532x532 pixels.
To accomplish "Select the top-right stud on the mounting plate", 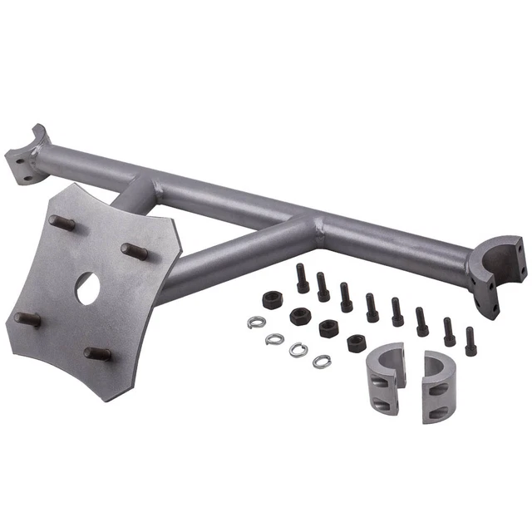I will click(134, 250).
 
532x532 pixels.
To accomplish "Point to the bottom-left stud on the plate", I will click(25, 319).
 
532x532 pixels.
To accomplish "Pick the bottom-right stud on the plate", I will click(97, 355).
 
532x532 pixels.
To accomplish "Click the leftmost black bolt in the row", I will click(303, 278).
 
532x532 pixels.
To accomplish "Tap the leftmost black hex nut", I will click(271, 300).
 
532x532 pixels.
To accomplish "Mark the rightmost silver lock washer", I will click(321, 361).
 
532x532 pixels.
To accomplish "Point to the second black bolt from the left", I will click(323, 287).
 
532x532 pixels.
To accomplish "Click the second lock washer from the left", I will click(275, 338).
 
